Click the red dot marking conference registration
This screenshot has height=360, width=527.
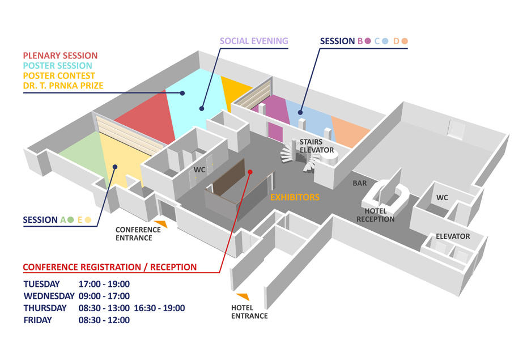[x=250, y=172]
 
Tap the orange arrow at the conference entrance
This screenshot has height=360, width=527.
[x=161, y=224]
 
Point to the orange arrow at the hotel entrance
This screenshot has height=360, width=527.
[x=243, y=297]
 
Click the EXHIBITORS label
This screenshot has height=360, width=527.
[x=295, y=197]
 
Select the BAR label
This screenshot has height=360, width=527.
[x=360, y=183]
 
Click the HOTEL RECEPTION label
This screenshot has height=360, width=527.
[x=376, y=215]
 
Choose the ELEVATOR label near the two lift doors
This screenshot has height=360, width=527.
[x=453, y=236]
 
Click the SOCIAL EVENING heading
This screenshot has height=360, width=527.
[x=254, y=41]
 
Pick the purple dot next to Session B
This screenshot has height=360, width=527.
[x=368, y=41]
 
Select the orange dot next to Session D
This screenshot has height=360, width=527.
[x=405, y=41]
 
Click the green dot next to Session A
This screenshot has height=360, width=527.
[x=71, y=220]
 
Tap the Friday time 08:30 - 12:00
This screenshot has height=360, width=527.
[x=104, y=320]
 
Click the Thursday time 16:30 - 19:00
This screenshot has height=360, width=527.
[x=159, y=308]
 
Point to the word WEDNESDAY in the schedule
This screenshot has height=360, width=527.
[x=49, y=296]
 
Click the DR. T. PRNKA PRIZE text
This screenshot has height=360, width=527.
[x=63, y=86]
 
